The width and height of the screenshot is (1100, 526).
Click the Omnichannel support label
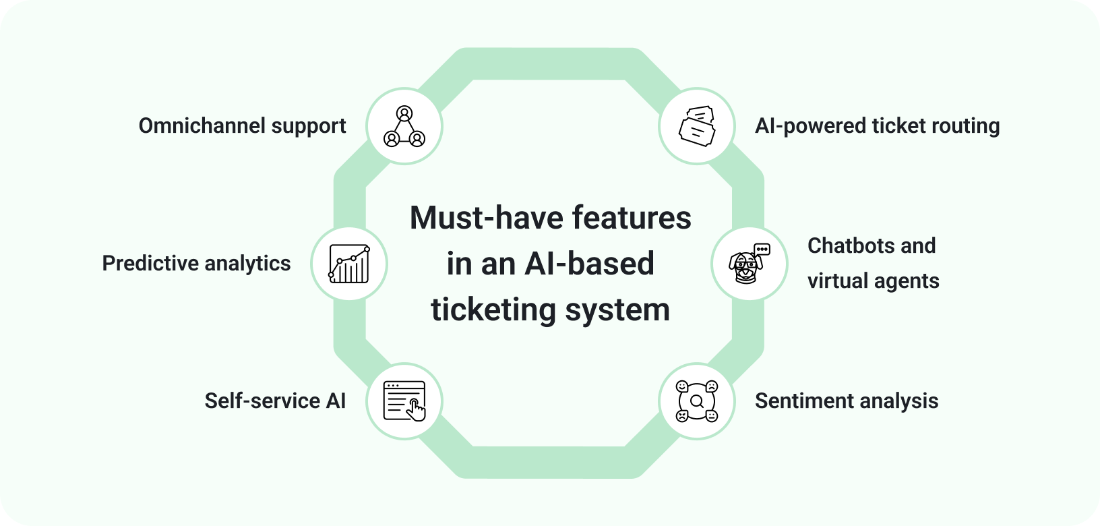(x=242, y=126)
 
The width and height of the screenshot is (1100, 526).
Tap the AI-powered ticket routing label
(x=877, y=126)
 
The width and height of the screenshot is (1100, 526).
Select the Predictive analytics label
(x=196, y=263)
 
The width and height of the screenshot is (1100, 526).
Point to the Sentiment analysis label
(x=847, y=401)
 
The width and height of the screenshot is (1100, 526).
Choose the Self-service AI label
(x=275, y=401)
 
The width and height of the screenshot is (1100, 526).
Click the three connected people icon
(x=404, y=126)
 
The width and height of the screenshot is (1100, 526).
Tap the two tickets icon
(x=697, y=126)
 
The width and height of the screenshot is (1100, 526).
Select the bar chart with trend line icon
(x=349, y=263)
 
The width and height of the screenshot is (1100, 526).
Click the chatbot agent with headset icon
(x=749, y=263)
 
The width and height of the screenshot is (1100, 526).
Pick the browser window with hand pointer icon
(x=404, y=401)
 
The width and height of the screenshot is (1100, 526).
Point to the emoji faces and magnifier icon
(x=697, y=401)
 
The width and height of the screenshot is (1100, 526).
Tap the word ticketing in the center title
(x=493, y=310)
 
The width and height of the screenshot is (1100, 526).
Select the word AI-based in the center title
(x=587, y=264)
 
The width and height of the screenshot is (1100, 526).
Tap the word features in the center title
(x=631, y=218)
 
